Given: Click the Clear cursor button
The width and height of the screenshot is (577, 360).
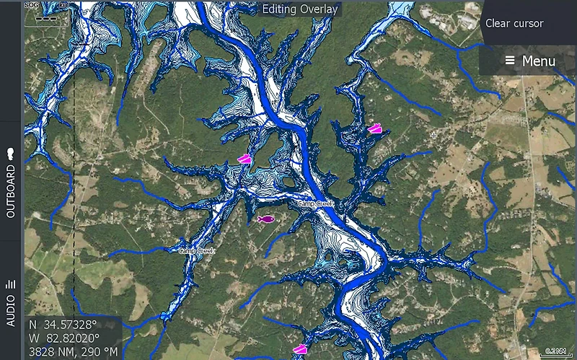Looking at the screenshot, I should (x=514, y=23).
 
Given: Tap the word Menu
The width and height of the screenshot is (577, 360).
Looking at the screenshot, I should (x=539, y=61).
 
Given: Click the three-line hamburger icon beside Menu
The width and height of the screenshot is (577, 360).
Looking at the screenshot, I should (x=510, y=61).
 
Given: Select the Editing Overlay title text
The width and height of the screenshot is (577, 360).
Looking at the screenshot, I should (x=299, y=9).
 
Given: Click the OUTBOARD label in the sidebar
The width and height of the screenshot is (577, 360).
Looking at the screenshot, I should (x=11, y=193).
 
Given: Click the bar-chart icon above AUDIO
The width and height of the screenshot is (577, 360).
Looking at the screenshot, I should (x=11, y=284).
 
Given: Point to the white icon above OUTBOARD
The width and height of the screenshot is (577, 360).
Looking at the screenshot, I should (x=11, y=154).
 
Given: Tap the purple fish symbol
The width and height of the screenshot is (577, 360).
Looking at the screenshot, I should (x=265, y=219).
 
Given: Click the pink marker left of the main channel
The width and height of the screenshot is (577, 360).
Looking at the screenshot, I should (x=245, y=159).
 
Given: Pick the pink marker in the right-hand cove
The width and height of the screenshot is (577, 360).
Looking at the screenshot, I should (x=374, y=129).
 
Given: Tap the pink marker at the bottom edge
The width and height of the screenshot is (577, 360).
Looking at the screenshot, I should (x=299, y=350).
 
